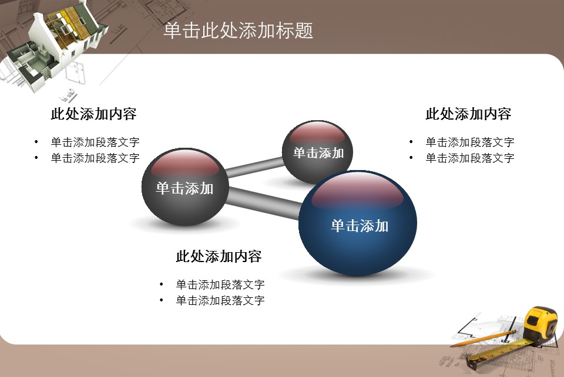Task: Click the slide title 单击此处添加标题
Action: [x=238, y=30]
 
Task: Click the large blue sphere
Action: [x=358, y=223]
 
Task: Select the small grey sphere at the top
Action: [x=317, y=152]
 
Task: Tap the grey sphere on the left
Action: [x=185, y=186]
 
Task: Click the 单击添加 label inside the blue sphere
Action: [x=360, y=226]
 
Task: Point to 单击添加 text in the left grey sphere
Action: [x=184, y=188]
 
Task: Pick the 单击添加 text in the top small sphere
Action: [x=318, y=153]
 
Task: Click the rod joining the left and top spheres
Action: [x=254, y=167]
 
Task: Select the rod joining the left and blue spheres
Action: [x=264, y=203]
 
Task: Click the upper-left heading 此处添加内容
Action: [x=93, y=114]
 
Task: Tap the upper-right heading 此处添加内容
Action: [x=468, y=114]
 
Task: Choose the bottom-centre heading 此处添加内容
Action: [x=219, y=256]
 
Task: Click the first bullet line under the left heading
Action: [x=95, y=142]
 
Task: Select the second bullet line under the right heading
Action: [x=470, y=158]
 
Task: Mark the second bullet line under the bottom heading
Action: [x=220, y=301]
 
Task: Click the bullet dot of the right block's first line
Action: [x=411, y=142]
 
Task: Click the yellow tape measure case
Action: [x=540, y=325]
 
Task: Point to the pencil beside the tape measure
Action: [x=483, y=339]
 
